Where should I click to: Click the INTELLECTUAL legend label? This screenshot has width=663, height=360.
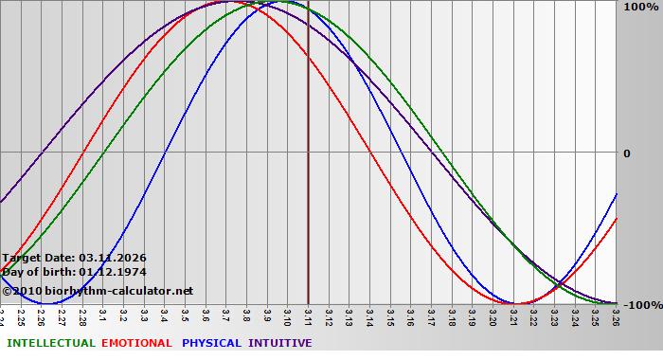coord(49,343)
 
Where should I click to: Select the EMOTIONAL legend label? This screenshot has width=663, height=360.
coord(136,343)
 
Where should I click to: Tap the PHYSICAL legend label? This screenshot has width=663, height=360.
coord(212,343)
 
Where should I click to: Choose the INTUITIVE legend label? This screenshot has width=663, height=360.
coord(279,343)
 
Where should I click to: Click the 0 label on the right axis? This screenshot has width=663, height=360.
coord(626,153)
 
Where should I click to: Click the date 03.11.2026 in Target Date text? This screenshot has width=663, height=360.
coord(113,258)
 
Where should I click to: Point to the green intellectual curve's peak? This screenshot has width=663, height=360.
coord(288,2)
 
